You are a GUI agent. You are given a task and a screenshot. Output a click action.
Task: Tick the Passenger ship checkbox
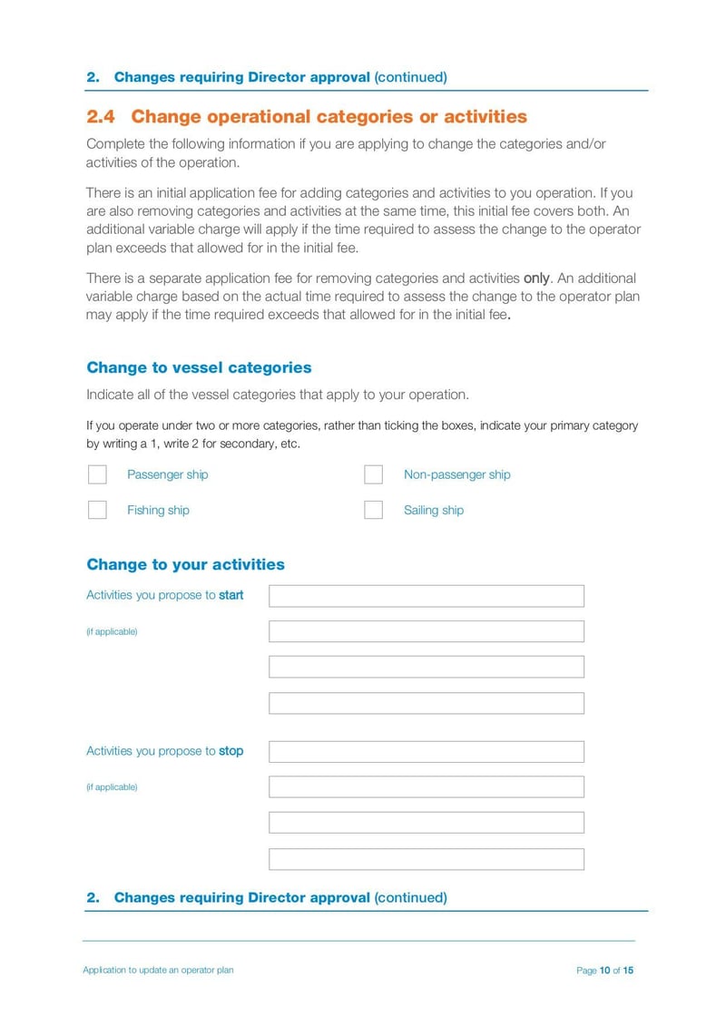tap(97, 474)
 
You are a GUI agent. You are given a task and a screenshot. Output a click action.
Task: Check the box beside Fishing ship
tap(97, 510)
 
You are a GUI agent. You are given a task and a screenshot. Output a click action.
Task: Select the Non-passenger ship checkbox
tap(373, 474)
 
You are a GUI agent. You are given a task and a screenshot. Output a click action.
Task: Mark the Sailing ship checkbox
tap(373, 510)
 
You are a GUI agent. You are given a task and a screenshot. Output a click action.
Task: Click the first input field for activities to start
tap(427, 596)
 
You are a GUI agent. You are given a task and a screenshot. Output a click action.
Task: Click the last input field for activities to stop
tap(427, 859)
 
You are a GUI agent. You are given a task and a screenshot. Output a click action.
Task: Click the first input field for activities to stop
tap(427, 752)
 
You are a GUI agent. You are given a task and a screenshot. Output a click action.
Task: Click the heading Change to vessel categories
tap(199, 367)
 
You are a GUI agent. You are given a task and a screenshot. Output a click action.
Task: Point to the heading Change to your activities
tap(185, 564)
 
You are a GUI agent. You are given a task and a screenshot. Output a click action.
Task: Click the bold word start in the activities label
tap(231, 596)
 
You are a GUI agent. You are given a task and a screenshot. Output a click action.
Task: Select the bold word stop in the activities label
tap(231, 751)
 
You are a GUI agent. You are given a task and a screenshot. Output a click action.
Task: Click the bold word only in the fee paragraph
tap(536, 278)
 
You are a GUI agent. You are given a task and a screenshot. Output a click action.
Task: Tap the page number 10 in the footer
tap(604, 971)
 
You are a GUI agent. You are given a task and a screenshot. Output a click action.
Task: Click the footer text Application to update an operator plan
tap(158, 971)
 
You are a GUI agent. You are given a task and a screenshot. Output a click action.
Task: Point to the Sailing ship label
tap(433, 510)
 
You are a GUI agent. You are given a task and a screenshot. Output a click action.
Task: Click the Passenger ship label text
tap(167, 474)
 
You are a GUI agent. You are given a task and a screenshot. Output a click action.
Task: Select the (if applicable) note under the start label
tap(112, 631)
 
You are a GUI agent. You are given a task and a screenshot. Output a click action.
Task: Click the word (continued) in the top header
tap(410, 77)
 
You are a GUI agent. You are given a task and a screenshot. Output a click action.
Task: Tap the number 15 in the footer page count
tap(628, 971)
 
